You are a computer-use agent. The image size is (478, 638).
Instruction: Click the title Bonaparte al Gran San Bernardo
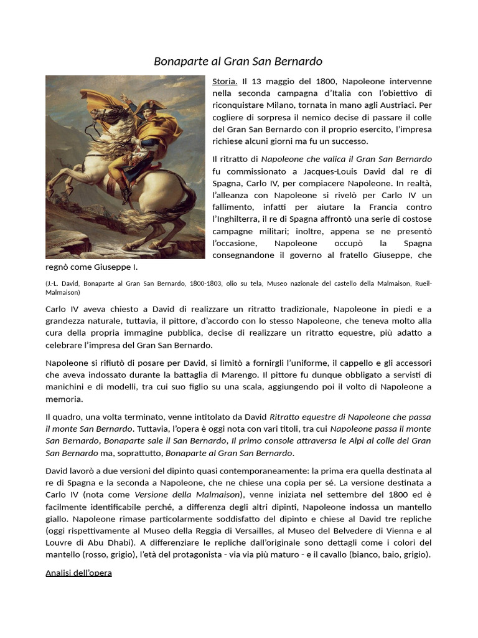coord(238,61)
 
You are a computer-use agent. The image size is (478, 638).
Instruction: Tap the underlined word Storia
coord(225,82)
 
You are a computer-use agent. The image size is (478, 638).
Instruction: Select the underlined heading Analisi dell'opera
coord(78,572)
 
